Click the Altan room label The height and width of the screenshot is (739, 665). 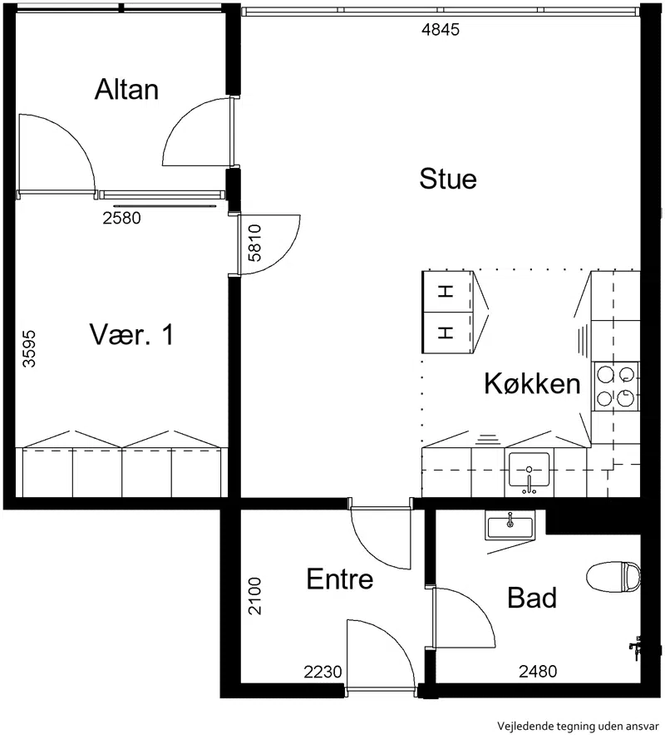coord(126,89)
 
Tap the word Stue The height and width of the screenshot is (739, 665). coord(448,179)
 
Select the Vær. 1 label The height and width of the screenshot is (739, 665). coord(131,335)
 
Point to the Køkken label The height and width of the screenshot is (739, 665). coord(532,383)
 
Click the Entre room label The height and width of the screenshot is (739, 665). coord(340,579)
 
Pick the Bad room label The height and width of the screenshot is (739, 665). coord(532,598)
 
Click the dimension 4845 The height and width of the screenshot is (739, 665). coord(441,30)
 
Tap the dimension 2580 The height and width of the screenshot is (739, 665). coord(121,218)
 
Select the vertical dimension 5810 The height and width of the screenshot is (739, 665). coord(254,243)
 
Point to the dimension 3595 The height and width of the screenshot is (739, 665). coord(29,348)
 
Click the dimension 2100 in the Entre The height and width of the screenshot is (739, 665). coord(254,596)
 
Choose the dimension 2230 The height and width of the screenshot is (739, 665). coord(323,672)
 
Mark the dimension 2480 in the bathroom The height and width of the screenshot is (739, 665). coord(538,671)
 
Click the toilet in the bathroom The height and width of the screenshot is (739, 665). coord(613,577)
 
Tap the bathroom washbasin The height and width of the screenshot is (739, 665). coord(510,525)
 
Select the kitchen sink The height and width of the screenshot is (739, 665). coord(529,470)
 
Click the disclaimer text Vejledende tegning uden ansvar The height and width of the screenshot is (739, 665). coord(578,727)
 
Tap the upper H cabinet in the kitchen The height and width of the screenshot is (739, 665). coord(446,292)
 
